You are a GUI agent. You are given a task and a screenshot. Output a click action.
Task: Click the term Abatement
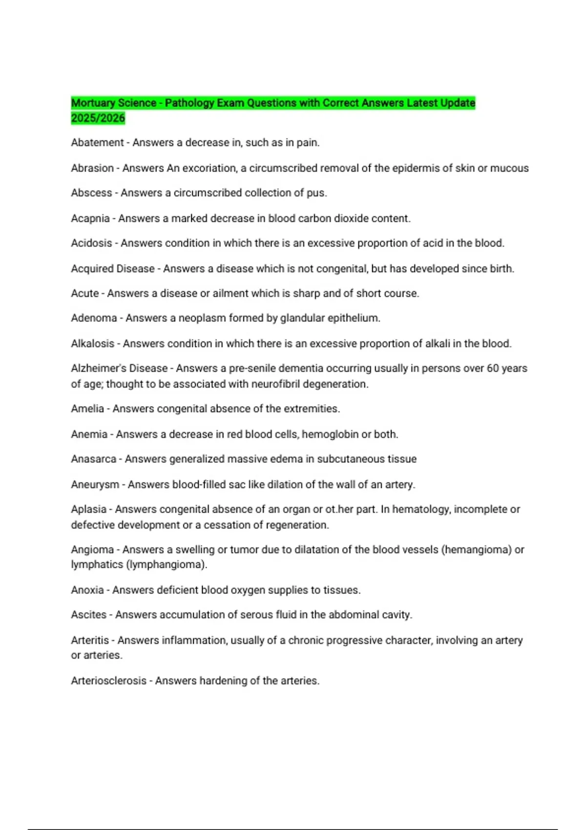(97, 143)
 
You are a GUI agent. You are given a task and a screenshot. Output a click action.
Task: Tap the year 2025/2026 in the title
(98, 118)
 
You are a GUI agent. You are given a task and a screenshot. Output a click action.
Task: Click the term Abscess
(91, 193)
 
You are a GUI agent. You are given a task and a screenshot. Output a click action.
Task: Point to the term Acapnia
(90, 218)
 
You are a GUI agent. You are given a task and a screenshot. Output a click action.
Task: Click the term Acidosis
(91, 243)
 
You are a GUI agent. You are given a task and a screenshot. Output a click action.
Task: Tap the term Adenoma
(94, 318)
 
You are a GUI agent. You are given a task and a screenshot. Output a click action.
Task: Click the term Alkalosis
(92, 344)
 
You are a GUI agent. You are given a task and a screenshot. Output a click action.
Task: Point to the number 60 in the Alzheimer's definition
(493, 368)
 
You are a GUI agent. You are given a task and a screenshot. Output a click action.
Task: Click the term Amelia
(87, 409)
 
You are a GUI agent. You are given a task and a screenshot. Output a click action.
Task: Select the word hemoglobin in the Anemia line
(330, 434)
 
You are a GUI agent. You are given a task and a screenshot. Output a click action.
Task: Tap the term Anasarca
(93, 459)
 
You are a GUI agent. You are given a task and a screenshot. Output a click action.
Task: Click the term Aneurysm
(95, 484)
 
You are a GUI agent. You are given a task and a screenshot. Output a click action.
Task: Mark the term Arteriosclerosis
(108, 681)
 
